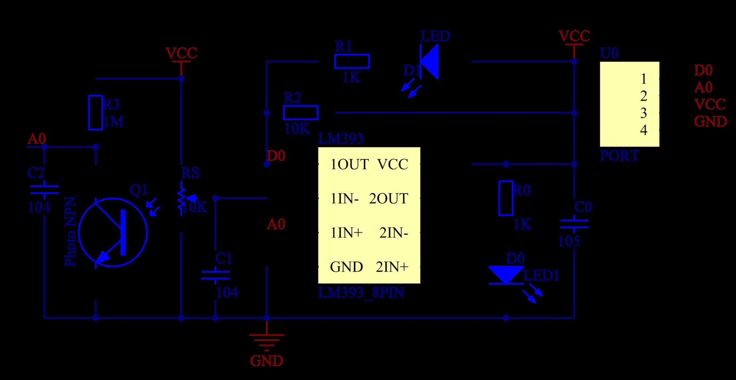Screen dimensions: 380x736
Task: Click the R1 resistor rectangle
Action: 352,61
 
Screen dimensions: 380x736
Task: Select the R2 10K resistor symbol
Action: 301,113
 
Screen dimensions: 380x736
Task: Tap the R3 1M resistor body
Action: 95,113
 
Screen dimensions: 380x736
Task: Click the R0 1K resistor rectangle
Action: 506,198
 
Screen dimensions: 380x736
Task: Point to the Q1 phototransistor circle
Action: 113,232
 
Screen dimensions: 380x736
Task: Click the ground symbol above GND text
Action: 266,340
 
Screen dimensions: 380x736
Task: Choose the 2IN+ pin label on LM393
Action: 392,267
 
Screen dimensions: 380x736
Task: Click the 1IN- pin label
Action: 344,199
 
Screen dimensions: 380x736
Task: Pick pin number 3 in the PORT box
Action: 643,113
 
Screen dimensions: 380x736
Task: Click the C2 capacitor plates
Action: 44,190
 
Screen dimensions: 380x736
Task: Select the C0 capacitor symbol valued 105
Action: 574,224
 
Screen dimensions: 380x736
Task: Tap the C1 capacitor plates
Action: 215,275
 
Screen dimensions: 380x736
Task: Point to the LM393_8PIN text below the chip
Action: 361,293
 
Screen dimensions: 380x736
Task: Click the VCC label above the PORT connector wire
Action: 574,36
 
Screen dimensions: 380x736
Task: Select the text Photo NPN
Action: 70,232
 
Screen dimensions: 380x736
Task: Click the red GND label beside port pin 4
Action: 710,122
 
